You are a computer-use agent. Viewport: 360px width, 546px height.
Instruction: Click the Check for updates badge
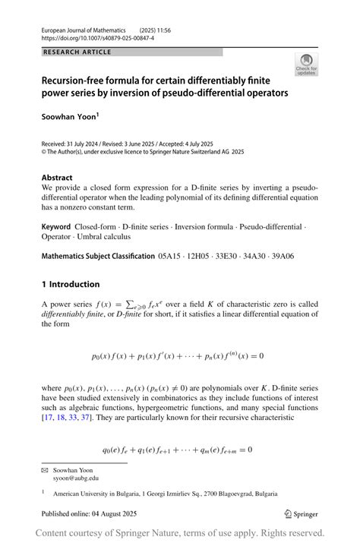[306, 65]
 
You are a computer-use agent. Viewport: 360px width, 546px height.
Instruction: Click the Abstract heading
[57, 177]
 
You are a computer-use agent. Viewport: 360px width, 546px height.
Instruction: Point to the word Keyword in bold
[56, 227]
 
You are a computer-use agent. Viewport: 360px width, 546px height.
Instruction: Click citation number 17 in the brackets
[48, 417]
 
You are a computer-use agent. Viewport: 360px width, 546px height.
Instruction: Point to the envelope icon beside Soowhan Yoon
[45, 469]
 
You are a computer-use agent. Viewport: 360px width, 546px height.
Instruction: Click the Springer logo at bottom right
[300, 513]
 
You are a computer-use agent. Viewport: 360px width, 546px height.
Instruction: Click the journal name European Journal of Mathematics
[84, 27]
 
